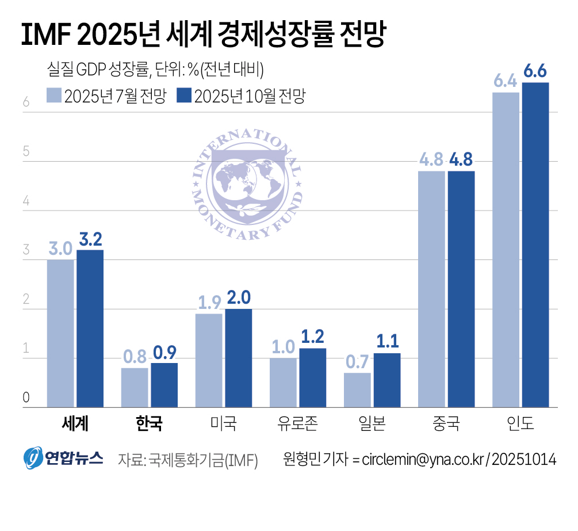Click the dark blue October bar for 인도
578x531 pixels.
pyautogui.click(x=535, y=245)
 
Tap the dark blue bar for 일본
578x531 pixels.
pyautogui.click(x=387, y=380)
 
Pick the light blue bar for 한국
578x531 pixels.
pyautogui.click(x=135, y=388)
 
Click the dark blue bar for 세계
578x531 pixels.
pyautogui.click(x=90, y=328)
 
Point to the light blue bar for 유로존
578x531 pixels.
pyautogui.click(x=283, y=383)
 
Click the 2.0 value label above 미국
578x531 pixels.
pyautogui.click(x=238, y=297)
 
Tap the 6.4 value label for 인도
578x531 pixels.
pyautogui.click(x=506, y=82)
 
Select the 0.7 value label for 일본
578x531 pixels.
pyautogui.click(x=357, y=362)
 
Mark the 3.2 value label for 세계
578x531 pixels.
pyautogui.click(x=90, y=239)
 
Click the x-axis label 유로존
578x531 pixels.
pyautogui.click(x=297, y=425)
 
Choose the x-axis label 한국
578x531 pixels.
pyautogui.click(x=148, y=425)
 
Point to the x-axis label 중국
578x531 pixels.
pyautogui.click(x=446, y=425)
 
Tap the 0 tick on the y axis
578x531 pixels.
pyautogui.click(x=26, y=398)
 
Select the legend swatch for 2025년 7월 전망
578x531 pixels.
pyautogui.click(x=53, y=95)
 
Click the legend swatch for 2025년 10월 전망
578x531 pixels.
pyautogui.click(x=184, y=95)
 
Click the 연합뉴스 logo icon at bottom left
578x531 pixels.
pyautogui.click(x=34, y=458)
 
